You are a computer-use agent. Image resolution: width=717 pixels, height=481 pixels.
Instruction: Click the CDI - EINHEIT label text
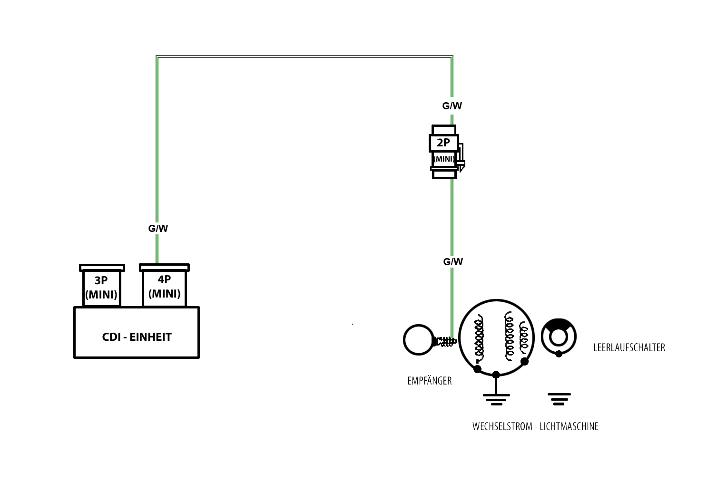pos(137,337)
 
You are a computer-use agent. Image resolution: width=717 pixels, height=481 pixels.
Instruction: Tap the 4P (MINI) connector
pos(164,287)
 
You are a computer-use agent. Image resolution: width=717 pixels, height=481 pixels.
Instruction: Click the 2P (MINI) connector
pos(444,151)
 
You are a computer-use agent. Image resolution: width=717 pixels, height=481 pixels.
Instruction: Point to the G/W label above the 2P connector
pos(452,106)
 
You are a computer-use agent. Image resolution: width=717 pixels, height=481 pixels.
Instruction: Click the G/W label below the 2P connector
pos(453,262)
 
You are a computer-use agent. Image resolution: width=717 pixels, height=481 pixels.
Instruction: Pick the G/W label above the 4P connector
pos(158,229)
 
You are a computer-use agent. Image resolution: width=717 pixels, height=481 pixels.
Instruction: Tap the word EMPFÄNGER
pos(429,381)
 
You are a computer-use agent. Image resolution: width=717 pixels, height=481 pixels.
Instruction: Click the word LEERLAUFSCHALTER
pos(629,347)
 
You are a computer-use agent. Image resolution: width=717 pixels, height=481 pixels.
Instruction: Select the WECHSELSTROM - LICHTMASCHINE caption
pos(535,426)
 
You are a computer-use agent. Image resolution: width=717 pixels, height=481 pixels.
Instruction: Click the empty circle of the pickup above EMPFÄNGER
pos(419,340)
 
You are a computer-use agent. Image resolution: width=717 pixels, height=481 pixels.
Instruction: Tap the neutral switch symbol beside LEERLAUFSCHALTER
pos(559,337)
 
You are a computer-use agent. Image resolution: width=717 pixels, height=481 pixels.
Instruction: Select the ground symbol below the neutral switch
pos(559,399)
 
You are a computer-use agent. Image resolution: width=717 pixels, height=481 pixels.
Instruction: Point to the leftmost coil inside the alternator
pos(478,337)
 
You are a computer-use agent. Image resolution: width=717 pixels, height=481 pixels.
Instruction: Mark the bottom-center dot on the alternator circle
pos(496,375)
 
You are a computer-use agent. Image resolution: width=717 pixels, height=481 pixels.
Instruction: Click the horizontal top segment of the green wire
pos(304,57)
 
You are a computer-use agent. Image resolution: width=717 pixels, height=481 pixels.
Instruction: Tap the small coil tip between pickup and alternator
pos(446,341)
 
